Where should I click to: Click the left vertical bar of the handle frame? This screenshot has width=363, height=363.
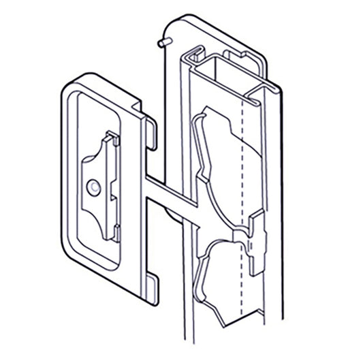[x=67, y=170]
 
